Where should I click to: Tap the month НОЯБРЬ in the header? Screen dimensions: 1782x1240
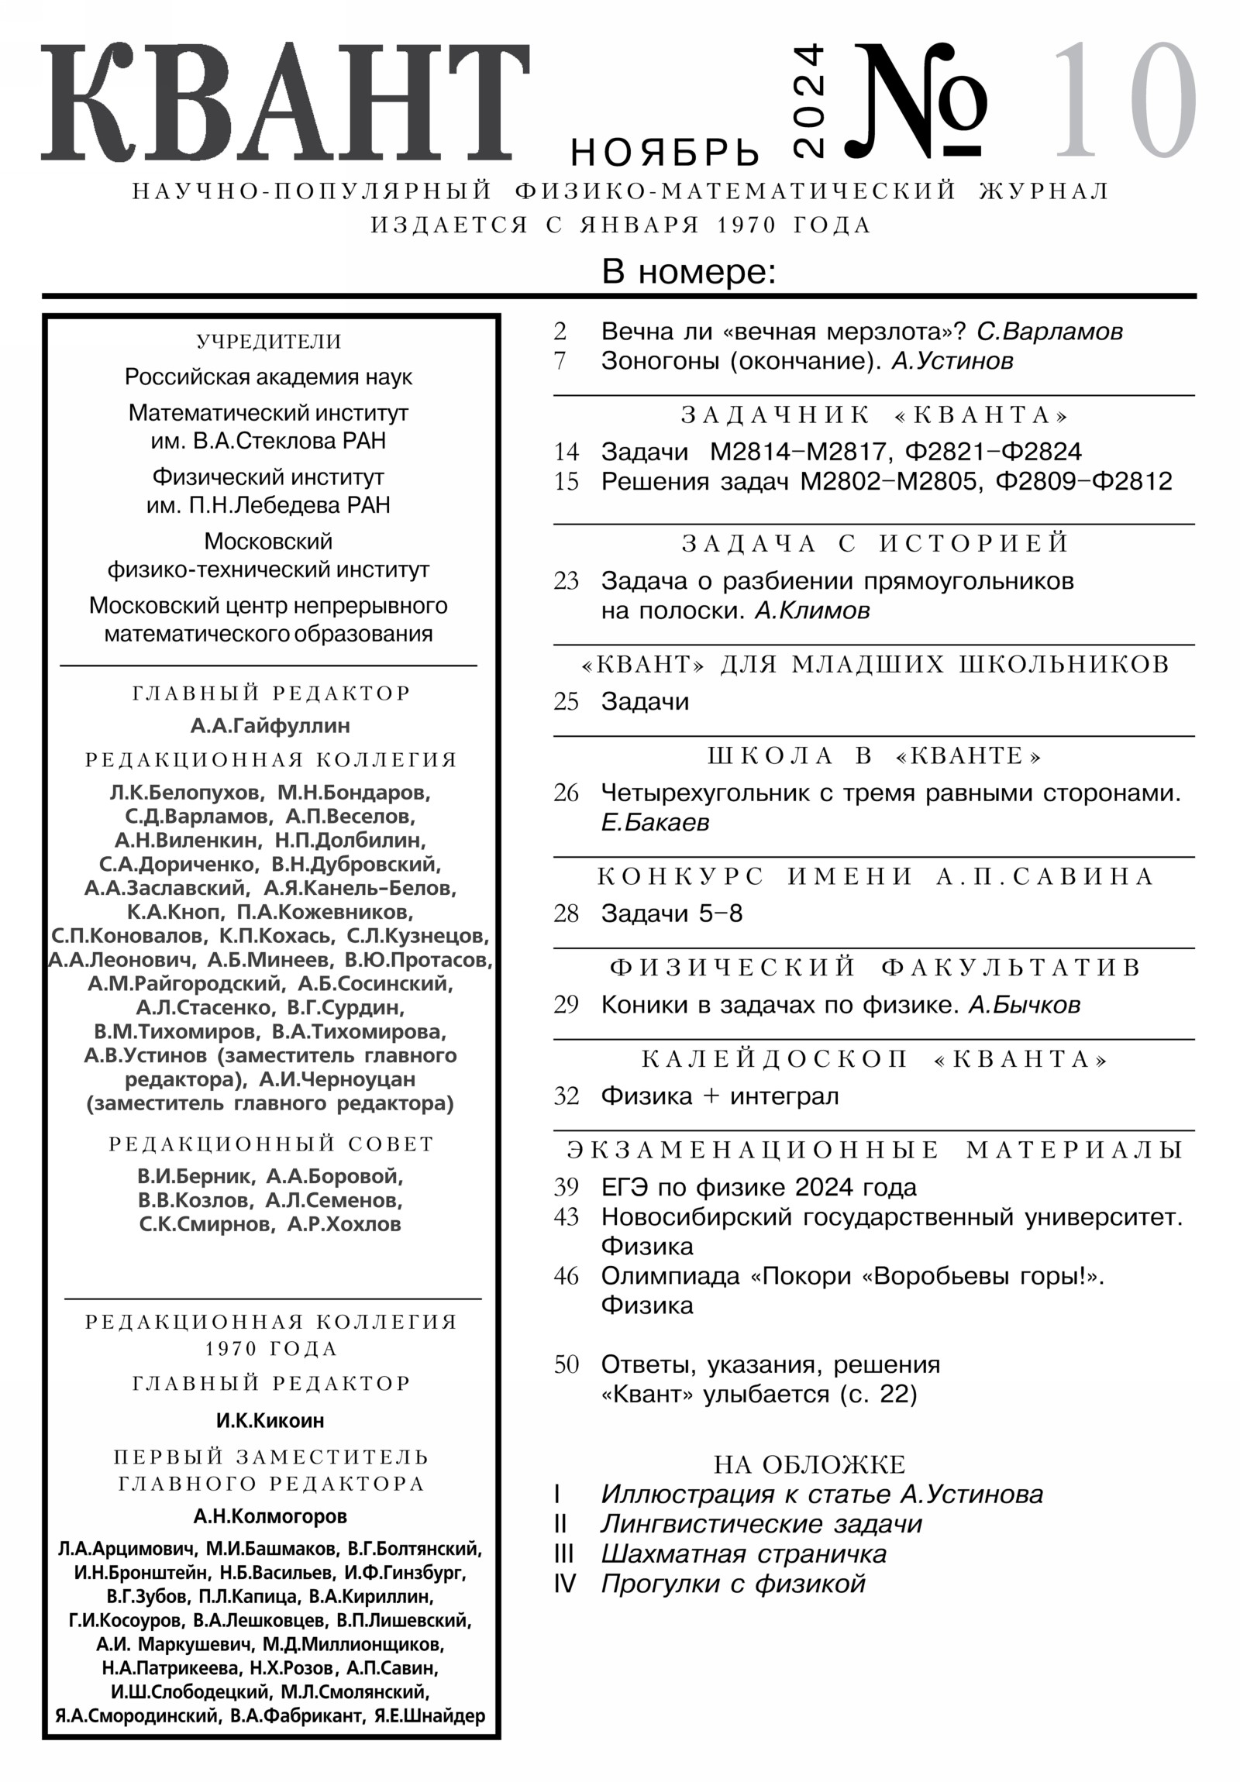[x=665, y=153]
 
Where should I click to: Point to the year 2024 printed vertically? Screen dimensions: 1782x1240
[x=809, y=101]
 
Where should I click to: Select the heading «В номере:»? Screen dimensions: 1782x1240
[x=689, y=273]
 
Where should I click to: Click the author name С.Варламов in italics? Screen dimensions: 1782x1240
[x=1049, y=332]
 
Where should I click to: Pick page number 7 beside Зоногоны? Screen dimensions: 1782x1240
[x=560, y=361]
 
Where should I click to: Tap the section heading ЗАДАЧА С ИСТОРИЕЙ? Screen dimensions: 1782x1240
[x=875, y=543]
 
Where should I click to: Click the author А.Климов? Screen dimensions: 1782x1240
[x=812, y=611]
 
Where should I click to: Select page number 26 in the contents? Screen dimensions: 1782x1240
[x=566, y=793]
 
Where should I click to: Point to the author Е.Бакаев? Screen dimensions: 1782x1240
[x=655, y=822]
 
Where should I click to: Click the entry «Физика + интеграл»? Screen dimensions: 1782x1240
[x=719, y=1096]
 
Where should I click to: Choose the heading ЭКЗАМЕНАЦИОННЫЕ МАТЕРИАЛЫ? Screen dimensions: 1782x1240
[x=875, y=1150]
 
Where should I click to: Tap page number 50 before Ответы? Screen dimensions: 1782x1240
[x=566, y=1364]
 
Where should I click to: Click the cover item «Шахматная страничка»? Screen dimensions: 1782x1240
[x=743, y=1553]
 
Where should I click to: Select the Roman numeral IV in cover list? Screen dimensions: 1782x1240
[x=564, y=1584]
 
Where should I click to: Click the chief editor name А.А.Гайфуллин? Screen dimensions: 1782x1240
[x=270, y=726]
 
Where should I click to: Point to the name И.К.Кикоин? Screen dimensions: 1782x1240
[x=270, y=1420]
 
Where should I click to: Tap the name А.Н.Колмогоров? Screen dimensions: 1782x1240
[x=270, y=1516]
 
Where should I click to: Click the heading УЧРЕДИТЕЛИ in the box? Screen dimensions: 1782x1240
[x=269, y=342]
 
